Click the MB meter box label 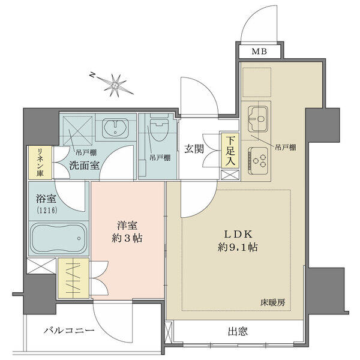click(259, 52)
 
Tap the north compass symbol click(113, 85)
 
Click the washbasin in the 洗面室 click(115, 128)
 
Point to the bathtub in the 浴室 click(59, 238)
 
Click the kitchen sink click(257, 118)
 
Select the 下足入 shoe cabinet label click(230, 151)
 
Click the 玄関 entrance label click(194, 149)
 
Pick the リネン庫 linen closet click(40, 163)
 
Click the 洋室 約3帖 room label click(127, 232)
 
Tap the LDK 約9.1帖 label click(238, 241)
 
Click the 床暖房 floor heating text click(272, 302)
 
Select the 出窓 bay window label click(238, 331)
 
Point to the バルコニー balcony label click(69, 331)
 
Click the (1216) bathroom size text click(47, 210)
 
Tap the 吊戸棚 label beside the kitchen click(286, 148)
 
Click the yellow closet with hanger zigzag click(73, 278)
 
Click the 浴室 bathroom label click(46, 199)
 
